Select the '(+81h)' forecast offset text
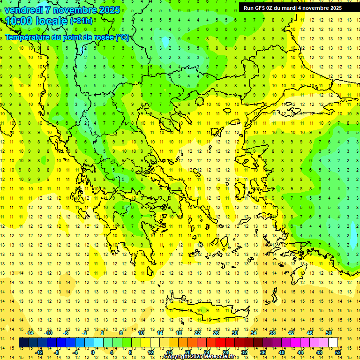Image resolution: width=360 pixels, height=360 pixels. pyautogui.click(x=81, y=21)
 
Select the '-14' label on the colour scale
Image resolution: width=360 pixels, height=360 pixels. pyautogui.click(x=30, y=333)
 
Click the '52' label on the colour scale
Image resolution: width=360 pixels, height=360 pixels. pyautogui.click(x=338, y=352)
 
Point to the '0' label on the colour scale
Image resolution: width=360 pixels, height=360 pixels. pyautogui.click(x=92, y=352)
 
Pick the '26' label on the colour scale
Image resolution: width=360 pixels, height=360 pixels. pyautogui.click(x=216, y=333)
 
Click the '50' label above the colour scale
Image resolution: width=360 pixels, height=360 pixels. pyautogui.click(x=328, y=333)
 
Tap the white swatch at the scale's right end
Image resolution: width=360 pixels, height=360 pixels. pyautogui.click(x=333, y=343)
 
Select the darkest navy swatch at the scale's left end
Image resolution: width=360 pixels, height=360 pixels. pyautogui.click(x=24, y=343)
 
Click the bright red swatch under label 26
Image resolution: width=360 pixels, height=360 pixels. pyautogui.click(x=220, y=343)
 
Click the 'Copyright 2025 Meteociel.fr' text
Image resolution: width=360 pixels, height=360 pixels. pyautogui.click(x=199, y=357)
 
